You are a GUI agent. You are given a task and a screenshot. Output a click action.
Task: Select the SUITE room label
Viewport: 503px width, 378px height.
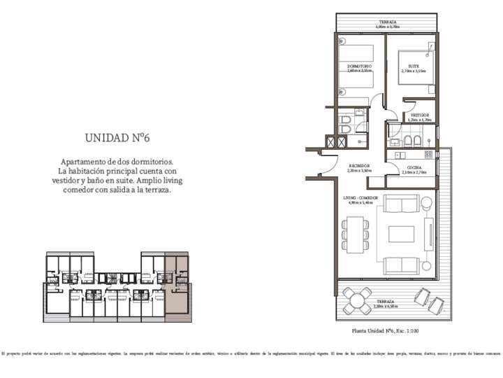[x=414, y=66]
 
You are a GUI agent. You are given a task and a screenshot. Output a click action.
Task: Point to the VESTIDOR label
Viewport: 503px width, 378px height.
[x=419, y=115]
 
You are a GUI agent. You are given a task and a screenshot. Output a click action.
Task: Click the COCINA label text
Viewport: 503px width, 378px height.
[x=406, y=166]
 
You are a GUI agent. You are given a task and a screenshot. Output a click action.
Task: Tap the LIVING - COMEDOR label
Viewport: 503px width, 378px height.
[x=360, y=198]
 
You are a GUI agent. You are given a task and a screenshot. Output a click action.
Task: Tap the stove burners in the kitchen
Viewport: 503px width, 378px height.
[x=428, y=154]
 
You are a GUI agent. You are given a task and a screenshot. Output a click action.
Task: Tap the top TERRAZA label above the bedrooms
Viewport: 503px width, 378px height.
[x=388, y=22]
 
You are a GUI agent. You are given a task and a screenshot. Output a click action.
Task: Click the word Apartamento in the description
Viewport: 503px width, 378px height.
[x=86, y=161]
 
